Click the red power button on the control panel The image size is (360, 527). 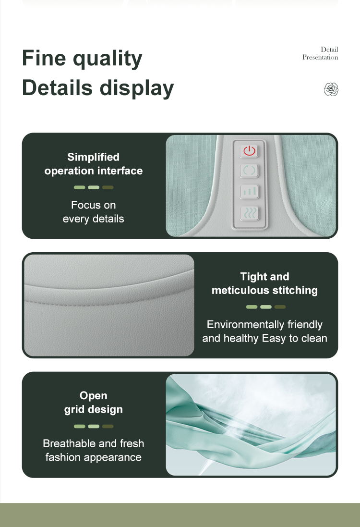(x=249, y=151)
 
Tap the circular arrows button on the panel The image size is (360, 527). (x=249, y=171)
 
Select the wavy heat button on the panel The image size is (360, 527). (x=249, y=213)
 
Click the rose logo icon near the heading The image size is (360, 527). (x=331, y=89)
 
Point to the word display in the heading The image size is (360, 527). (x=137, y=88)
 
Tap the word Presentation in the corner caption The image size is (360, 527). (x=320, y=57)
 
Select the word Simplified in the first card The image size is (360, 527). (x=93, y=157)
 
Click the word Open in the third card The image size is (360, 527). (x=93, y=395)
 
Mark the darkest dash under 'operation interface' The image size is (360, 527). (x=108, y=187)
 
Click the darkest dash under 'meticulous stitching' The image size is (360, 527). (x=280, y=307)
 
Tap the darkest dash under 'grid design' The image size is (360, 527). (x=108, y=427)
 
